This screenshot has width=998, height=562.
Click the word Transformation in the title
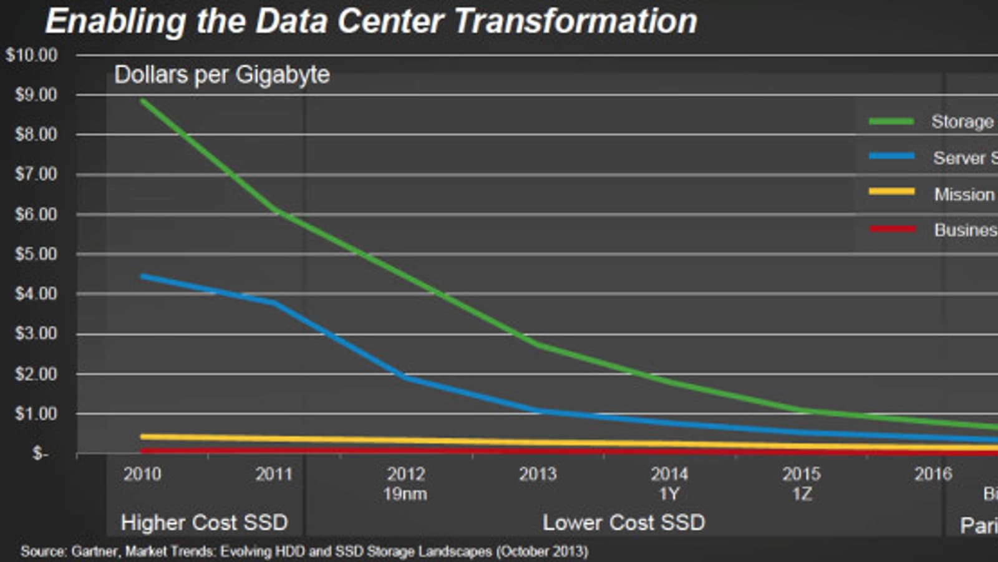tap(575, 21)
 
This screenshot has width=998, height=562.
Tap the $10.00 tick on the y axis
tap(32, 55)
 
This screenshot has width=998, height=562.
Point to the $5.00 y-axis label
tap(36, 254)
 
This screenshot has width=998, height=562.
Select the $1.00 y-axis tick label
tap(36, 413)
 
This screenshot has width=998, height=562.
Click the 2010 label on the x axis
tap(142, 474)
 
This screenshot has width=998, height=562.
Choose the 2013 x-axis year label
tap(538, 474)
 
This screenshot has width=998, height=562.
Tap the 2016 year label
tap(933, 474)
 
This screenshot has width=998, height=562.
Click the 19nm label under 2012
tap(405, 494)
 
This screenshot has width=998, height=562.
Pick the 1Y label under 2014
tap(669, 494)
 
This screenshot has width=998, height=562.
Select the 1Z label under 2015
tap(802, 494)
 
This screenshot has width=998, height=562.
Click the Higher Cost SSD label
tap(205, 523)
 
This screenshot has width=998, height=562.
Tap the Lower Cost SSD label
tap(624, 523)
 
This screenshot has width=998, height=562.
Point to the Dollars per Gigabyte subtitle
tap(222, 75)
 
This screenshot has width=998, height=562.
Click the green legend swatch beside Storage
tap(892, 121)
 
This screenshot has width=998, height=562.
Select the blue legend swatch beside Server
tap(892, 156)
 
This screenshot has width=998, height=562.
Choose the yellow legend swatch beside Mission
tap(892, 192)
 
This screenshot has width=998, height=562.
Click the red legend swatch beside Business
tap(892, 229)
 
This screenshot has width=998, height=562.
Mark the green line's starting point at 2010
tap(143, 100)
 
